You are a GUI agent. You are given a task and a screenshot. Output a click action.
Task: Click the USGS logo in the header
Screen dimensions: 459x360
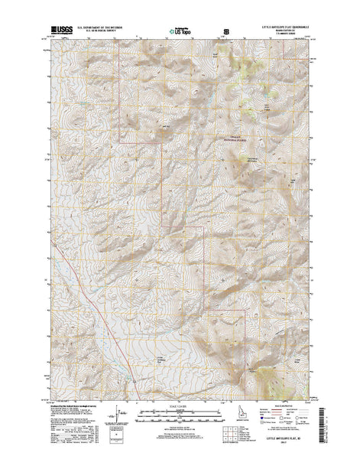61,31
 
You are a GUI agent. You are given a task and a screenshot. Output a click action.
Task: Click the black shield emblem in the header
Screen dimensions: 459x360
225,31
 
